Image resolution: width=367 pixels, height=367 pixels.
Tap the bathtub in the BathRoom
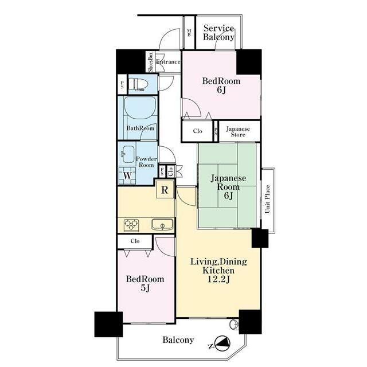(x=140, y=108)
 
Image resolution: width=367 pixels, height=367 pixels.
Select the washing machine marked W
(x=127, y=175)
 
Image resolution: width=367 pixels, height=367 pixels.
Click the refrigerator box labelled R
(x=165, y=190)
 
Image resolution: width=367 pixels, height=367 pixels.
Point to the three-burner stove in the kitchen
(x=131, y=225)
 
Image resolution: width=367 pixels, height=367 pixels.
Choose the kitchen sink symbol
(x=162, y=224)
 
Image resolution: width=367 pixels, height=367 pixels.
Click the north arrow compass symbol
(x=222, y=343)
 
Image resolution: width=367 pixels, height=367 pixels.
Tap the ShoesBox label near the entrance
(x=150, y=62)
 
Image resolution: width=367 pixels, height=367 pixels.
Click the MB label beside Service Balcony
(x=189, y=33)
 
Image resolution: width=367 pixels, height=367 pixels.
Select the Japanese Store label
(x=238, y=132)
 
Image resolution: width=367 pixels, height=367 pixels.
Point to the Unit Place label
(x=267, y=199)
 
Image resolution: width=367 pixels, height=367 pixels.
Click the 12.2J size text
(x=218, y=279)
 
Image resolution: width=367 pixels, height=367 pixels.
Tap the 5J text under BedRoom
(x=145, y=288)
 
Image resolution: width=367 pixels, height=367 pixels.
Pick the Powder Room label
(x=146, y=162)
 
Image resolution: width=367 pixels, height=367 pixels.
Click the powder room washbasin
(x=127, y=154)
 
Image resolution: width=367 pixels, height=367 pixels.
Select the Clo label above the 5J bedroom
(x=135, y=241)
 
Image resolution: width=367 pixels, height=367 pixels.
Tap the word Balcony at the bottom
(x=178, y=340)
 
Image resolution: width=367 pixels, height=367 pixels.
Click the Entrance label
(x=168, y=62)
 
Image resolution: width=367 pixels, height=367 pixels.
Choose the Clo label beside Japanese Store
(x=197, y=131)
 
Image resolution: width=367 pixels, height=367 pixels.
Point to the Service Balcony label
(x=218, y=33)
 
